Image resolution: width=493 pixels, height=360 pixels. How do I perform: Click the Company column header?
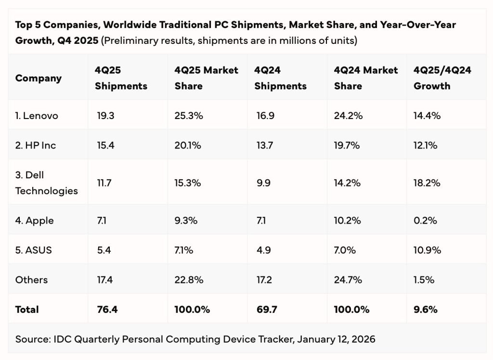click(39, 78)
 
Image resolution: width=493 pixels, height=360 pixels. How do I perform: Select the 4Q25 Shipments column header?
click(121, 78)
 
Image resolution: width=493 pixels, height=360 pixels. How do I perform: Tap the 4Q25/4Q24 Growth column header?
click(442, 78)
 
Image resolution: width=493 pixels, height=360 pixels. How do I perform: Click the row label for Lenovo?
click(37, 116)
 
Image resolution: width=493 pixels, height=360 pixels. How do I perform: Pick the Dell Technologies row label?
click(46, 183)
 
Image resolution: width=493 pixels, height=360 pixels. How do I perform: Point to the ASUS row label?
click(33, 250)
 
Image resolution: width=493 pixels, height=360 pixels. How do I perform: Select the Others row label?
click(31, 280)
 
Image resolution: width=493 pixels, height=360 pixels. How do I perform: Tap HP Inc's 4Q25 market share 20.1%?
click(188, 145)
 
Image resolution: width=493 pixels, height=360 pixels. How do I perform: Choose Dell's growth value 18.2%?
click(427, 183)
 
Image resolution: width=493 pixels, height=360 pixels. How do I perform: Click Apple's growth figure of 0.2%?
click(425, 221)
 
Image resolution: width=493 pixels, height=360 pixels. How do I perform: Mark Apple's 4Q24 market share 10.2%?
click(348, 221)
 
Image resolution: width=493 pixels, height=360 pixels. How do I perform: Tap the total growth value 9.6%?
click(426, 309)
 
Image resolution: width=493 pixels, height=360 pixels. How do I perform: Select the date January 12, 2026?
click(336, 339)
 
